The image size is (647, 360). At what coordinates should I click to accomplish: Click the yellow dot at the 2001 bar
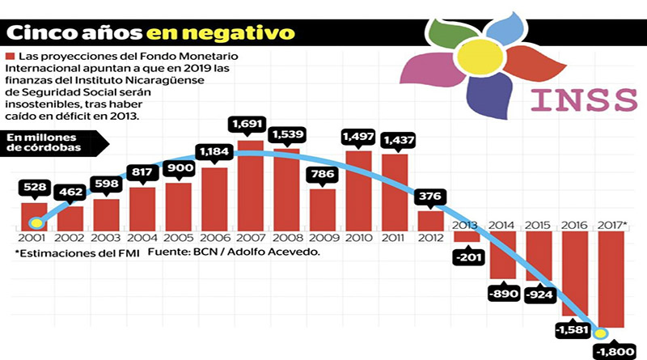pyautogui.click(x=36, y=222)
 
